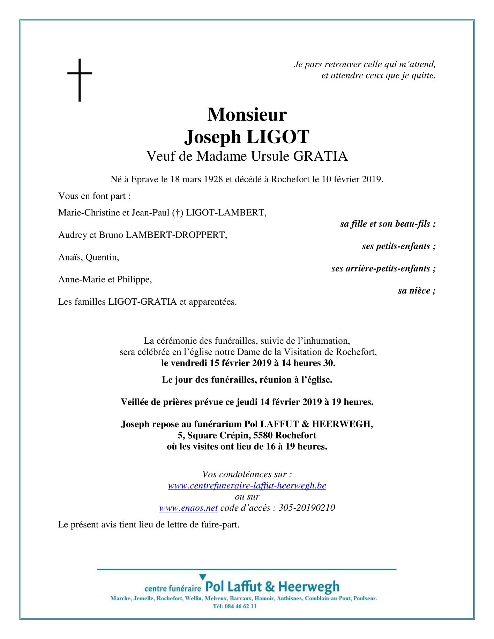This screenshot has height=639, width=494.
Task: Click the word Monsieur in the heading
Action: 247,114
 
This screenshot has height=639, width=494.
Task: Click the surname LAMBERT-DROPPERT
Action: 176,235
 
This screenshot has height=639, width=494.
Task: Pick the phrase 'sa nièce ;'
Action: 417,291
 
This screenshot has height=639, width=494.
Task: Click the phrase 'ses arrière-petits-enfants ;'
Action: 383,268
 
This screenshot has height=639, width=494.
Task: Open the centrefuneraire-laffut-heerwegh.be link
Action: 247,486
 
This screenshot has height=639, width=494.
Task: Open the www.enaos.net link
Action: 188,508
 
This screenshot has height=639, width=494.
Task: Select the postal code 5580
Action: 263,435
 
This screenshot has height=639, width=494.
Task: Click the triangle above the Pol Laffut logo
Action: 202,577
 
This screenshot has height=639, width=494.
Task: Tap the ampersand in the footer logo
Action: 270,587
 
